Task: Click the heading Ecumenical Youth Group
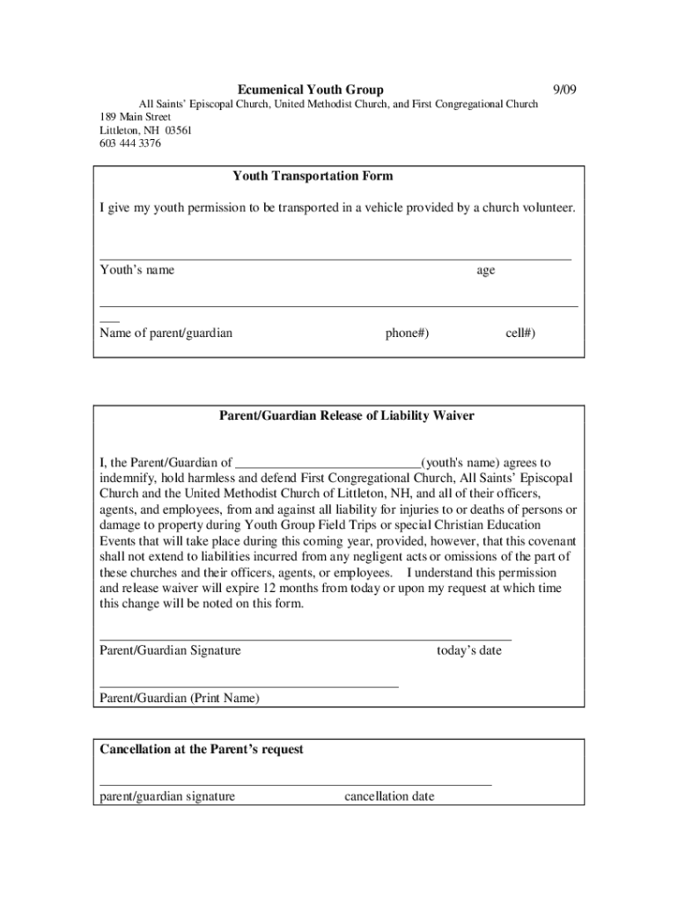click(x=310, y=90)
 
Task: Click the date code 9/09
click(x=564, y=90)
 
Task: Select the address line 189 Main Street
click(x=135, y=117)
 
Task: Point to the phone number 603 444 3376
click(x=130, y=143)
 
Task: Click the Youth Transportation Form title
click(x=313, y=176)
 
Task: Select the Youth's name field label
click(x=136, y=270)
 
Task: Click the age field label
click(x=485, y=271)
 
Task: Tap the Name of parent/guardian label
click(x=166, y=333)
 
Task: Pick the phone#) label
click(x=407, y=333)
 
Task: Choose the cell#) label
click(x=520, y=333)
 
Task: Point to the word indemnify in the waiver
click(x=129, y=479)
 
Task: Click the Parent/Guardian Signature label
click(x=170, y=651)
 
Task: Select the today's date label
click(x=468, y=651)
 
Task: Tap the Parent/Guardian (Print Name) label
click(x=180, y=699)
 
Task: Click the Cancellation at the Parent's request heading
click(x=202, y=750)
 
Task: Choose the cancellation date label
click(x=388, y=797)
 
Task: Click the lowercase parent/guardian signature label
click(x=167, y=797)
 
